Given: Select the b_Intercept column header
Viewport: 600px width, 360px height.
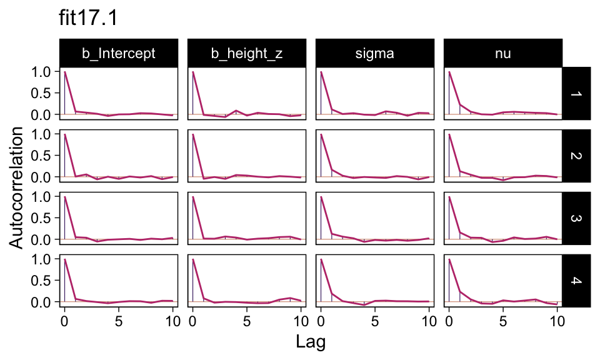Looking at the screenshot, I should click(119, 54).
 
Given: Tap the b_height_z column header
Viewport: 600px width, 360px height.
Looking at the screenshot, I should click(246, 54).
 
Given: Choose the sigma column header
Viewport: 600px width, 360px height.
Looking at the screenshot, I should click(374, 54).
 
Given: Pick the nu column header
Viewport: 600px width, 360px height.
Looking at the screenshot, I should click(502, 54).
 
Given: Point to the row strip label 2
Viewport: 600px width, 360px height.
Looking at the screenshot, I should click(576, 156).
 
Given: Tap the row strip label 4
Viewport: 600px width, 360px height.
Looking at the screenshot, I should click(576, 281).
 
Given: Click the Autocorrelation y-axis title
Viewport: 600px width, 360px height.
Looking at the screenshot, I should click(18, 187).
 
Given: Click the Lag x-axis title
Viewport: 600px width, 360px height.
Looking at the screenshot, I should click(311, 342).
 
